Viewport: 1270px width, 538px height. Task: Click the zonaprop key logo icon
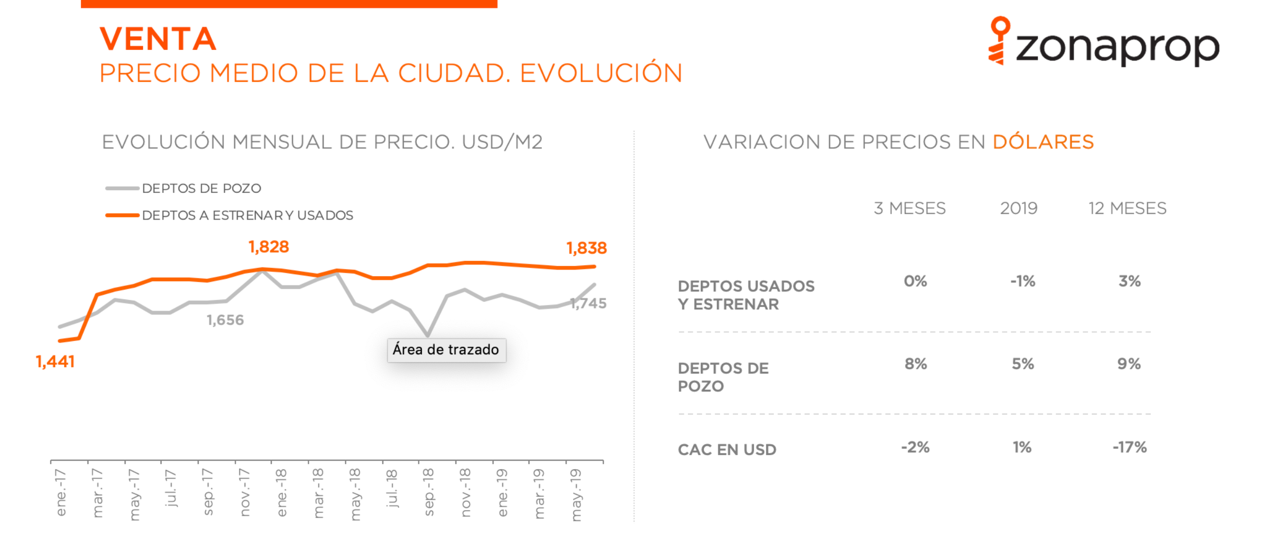(x=999, y=40)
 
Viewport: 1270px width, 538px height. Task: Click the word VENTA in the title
(x=158, y=39)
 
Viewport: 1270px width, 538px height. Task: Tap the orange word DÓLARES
(x=1043, y=142)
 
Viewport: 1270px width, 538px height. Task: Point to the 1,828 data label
(x=269, y=247)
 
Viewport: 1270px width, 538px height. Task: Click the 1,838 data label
(x=587, y=248)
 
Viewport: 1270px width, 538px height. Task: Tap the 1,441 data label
(x=55, y=362)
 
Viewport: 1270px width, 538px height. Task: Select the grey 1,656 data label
(x=225, y=320)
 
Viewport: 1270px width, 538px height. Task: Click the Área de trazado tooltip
(x=446, y=350)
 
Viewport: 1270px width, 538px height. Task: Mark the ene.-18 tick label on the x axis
(x=281, y=492)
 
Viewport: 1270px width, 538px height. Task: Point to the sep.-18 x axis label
(x=428, y=492)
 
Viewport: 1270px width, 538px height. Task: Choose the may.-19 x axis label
(x=576, y=494)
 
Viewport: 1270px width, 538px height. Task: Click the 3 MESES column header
(x=910, y=208)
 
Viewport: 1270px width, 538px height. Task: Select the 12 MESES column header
(x=1127, y=208)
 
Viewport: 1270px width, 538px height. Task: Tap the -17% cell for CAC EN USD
(x=1130, y=447)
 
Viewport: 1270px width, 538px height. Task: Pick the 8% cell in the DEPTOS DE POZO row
(x=916, y=364)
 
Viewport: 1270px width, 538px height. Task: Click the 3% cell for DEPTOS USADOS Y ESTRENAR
(x=1130, y=281)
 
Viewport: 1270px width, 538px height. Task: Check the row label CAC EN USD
(x=727, y=450)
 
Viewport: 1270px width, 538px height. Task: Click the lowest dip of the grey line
(x=428, y=335)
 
